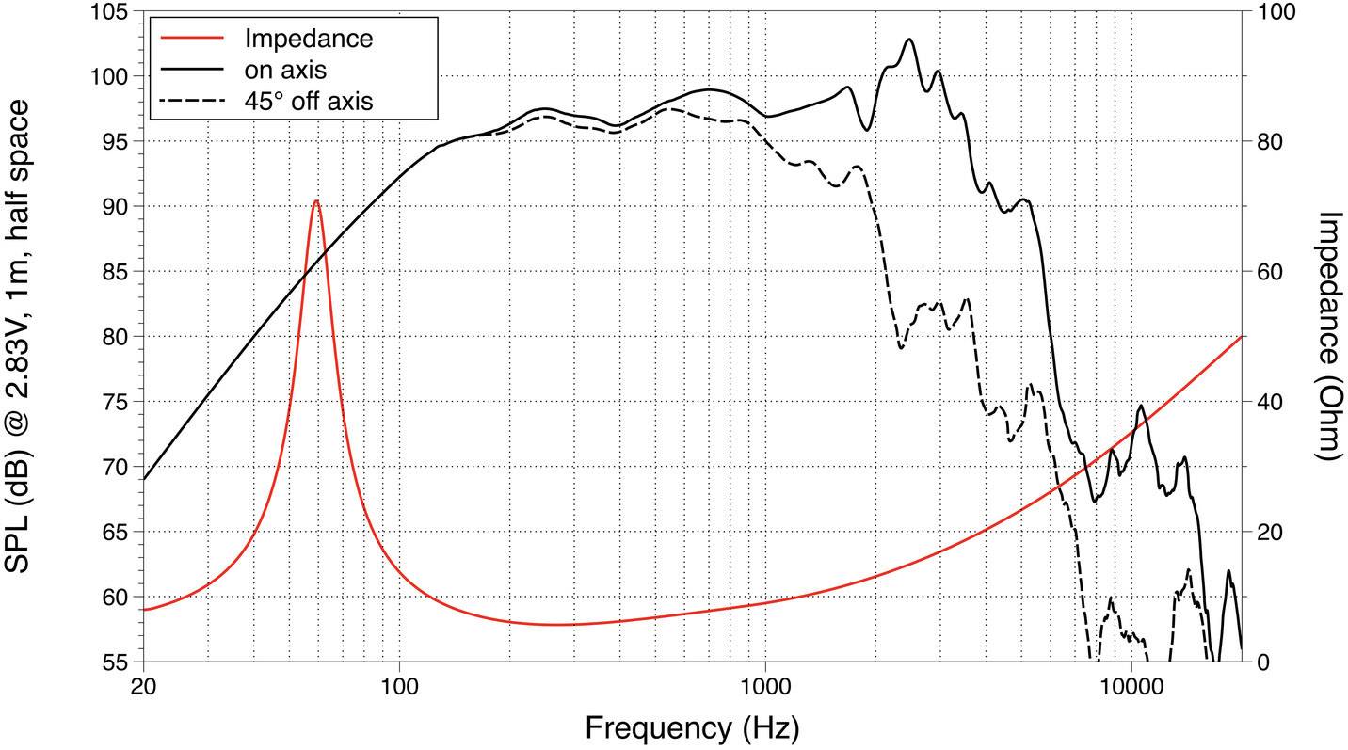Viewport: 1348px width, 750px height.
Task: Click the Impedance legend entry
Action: click(x=308, y=39)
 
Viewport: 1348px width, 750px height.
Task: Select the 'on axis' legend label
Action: click(x=285, y=69)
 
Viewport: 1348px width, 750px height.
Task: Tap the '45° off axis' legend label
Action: click(x=308, y=100)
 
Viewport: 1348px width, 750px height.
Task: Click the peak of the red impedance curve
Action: click(x=316, y=200)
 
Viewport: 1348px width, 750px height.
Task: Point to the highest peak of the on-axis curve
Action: click(x=909, y=40)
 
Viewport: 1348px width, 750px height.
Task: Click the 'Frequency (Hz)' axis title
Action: click(x=692, y=727)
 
